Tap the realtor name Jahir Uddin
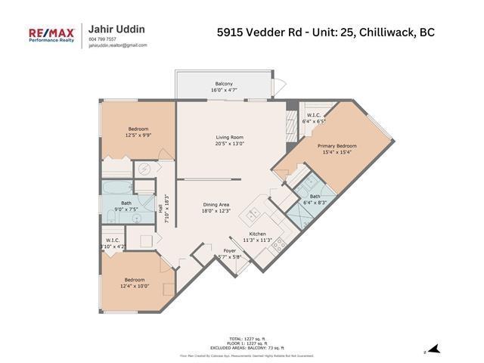(x=117, y=29)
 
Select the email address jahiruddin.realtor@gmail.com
(x=117, y=45)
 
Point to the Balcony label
(x=223, y=83)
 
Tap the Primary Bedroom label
(x=337, y=146)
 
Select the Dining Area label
(x=216, y=205)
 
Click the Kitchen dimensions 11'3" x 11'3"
(x=258, y=241)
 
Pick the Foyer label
(x=229, y=250)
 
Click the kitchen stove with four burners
(x=278, y=244)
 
